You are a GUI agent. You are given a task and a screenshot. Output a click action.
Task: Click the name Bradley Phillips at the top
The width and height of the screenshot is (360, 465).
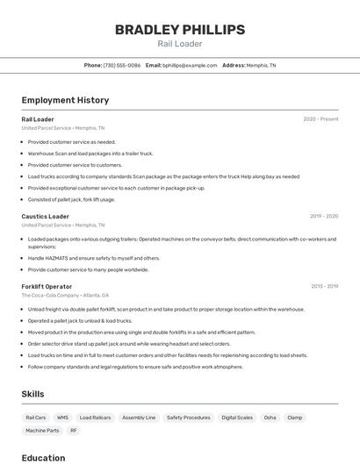pos(180,30)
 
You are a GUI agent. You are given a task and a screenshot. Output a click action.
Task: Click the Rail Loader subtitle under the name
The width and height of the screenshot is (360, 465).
pos(180,44)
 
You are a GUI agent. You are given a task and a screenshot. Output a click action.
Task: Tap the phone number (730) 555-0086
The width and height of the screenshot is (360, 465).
pos(122,65)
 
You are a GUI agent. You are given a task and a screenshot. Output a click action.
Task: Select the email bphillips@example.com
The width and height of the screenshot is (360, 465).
pos(188,65)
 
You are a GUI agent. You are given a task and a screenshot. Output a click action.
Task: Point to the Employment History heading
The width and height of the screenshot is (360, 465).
pos(65,100)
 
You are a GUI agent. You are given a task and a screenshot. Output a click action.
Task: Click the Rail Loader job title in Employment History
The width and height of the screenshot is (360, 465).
pos(38,119)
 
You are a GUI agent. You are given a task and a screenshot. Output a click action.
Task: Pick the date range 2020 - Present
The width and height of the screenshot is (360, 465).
pos(320,119)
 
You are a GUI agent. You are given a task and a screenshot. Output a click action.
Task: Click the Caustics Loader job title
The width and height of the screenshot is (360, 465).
pos(46,216)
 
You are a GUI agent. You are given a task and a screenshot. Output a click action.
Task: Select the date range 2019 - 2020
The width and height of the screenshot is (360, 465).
pos(324,216)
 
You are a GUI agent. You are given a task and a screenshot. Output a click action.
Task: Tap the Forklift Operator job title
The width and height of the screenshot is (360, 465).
pos(47,286)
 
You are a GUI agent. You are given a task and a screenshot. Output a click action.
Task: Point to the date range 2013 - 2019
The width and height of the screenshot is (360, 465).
pos(324,286)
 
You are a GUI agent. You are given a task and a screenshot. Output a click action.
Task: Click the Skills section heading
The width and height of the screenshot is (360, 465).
pos(32,394)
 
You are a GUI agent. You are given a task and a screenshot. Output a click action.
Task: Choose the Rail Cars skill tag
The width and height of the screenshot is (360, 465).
pos(36,418)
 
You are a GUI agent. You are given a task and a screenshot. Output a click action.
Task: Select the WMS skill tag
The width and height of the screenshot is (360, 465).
pos(62,418)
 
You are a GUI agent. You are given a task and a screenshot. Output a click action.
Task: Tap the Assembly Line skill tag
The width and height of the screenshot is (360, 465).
pos(139,418)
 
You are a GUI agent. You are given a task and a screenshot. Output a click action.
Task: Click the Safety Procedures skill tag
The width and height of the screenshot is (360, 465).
pos(189,418)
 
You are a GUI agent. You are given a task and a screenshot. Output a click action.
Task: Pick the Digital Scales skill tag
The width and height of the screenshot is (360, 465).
pos(237,418)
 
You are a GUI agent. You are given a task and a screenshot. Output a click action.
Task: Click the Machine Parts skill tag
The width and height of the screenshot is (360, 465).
pos(42,431)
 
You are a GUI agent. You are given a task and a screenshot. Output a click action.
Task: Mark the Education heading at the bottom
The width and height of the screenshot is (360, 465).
pos(43,458)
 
